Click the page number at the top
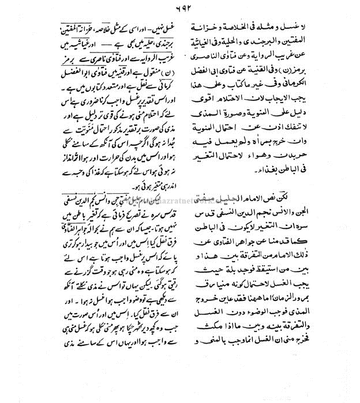(179, 8)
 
